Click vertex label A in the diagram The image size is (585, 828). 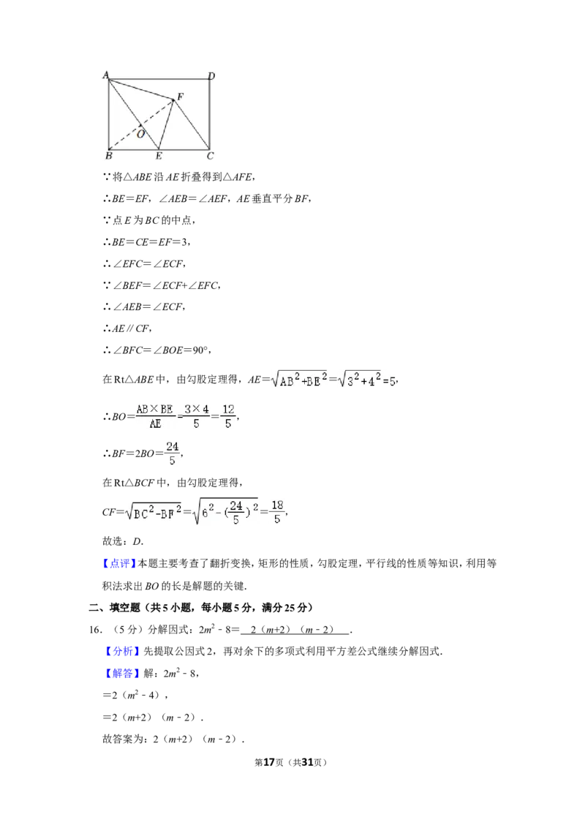point(105,75)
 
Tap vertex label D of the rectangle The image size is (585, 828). point(211,75)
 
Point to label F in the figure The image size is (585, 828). point(180,97)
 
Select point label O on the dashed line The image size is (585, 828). point(141,134)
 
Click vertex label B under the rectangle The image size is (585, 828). point(109,156)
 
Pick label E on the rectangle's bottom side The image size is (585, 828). point(159,156)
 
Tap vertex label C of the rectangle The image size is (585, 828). point(210,156)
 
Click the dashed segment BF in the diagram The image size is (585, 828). point(141,124)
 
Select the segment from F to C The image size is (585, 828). point(192,124)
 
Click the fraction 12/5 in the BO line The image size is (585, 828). point(228,416)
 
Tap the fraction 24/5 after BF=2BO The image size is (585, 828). point(172,453)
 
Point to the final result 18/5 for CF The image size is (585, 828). point(277,512)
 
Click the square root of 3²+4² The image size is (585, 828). point(359,379)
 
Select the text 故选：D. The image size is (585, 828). point(123,541)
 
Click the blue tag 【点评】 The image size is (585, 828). point(119,563)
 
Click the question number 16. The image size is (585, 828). point(95,630)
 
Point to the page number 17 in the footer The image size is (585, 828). point(269,762)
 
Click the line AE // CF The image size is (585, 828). point(127,328)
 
